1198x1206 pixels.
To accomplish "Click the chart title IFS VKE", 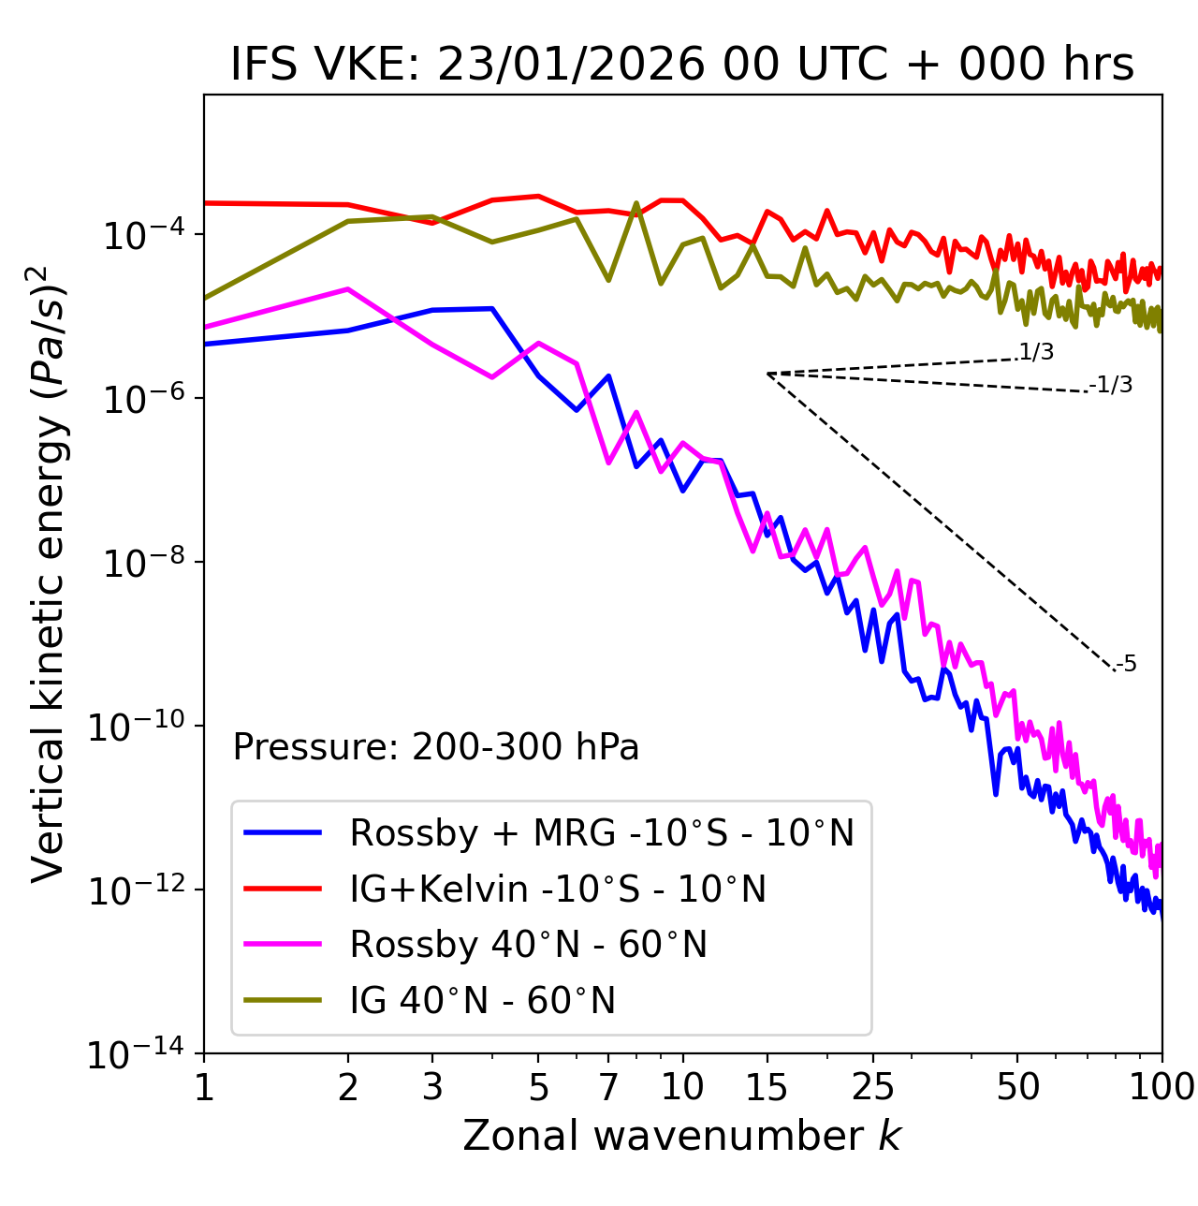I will click(682, 66).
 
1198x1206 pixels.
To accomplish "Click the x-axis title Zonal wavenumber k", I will click(681, 1135).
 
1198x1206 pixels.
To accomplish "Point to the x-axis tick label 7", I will click(608, 1087).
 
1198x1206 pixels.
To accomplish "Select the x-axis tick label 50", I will click(1017, 1087).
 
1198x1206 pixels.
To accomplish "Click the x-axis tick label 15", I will click(767, 1087).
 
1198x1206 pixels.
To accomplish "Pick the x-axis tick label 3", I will click(432, 1087).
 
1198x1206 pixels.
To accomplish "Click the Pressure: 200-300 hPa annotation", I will click(436, 747).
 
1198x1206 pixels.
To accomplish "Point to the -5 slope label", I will click(1127, 665).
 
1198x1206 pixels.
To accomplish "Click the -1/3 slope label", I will click(1112, 385).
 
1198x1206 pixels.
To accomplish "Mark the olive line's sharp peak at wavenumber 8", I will click(636, 203).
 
